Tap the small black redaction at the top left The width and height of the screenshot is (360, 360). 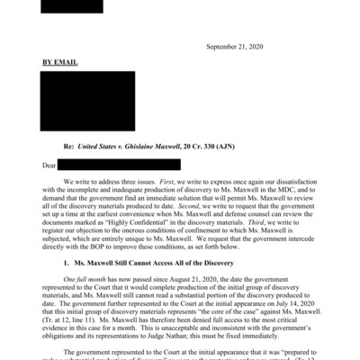(71, 5)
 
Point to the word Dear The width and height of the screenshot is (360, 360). (50, 165)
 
